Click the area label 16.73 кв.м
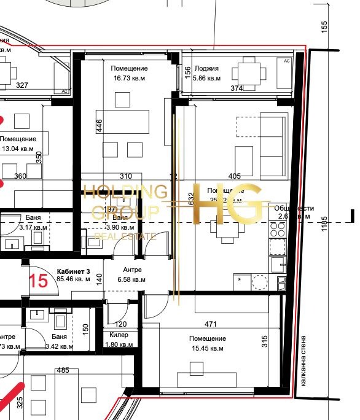[129, 79]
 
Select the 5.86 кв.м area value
[206, 79]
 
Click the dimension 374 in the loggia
[237, 88]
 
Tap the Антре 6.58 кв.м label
[132, 274]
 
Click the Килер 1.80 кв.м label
[119, 340]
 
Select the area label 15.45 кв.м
[208, 348]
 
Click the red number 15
[38, 281]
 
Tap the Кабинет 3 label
[73, 271]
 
